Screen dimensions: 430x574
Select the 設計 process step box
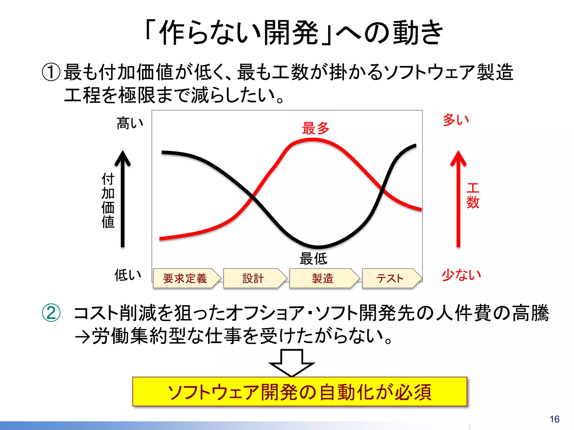253,278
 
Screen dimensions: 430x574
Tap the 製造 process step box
323,278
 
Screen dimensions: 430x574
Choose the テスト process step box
390,278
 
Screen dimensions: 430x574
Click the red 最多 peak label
316,128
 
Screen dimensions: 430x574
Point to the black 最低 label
313,258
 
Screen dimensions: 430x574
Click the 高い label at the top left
130,123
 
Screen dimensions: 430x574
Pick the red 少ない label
461,275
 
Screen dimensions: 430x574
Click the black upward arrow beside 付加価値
122,199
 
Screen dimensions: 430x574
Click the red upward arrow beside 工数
458,199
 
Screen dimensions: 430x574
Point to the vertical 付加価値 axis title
108,200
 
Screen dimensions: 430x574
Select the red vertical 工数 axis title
473,196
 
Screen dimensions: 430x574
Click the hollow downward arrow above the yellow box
291,363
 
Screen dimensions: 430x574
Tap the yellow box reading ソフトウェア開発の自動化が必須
300,392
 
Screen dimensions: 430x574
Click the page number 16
554,419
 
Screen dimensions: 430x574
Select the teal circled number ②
51,313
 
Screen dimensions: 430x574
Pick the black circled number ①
51,72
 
